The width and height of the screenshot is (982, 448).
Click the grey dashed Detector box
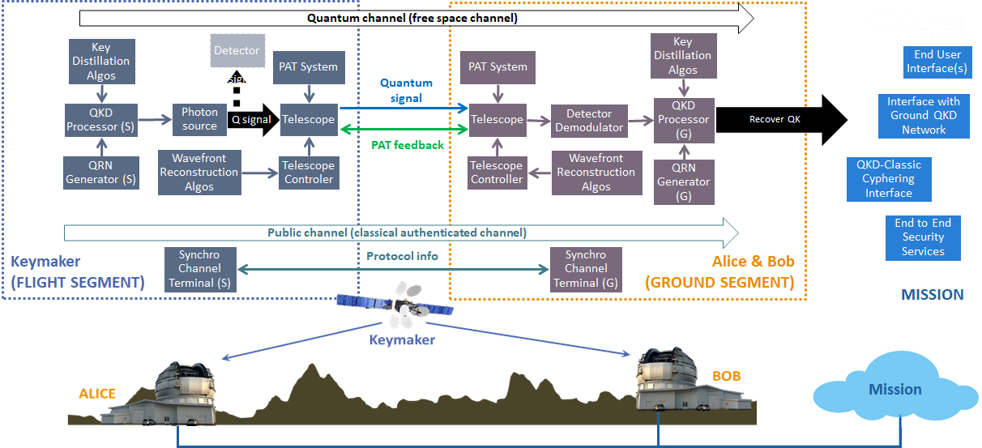pos(237,50)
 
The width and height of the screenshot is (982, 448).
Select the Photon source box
pos(199,119)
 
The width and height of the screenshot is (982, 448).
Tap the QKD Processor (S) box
pos(100,119)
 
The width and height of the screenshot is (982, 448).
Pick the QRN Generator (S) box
pos(100,172)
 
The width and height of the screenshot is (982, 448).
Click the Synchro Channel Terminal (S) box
pos(199,268)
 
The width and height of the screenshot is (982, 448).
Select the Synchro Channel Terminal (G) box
pos(586,268)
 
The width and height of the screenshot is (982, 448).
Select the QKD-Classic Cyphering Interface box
pos(889,178)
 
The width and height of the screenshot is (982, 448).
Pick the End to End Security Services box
pos(923,237)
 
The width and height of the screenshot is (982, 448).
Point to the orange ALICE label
pos(96,394)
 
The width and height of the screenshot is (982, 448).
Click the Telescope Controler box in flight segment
pos(308,172)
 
